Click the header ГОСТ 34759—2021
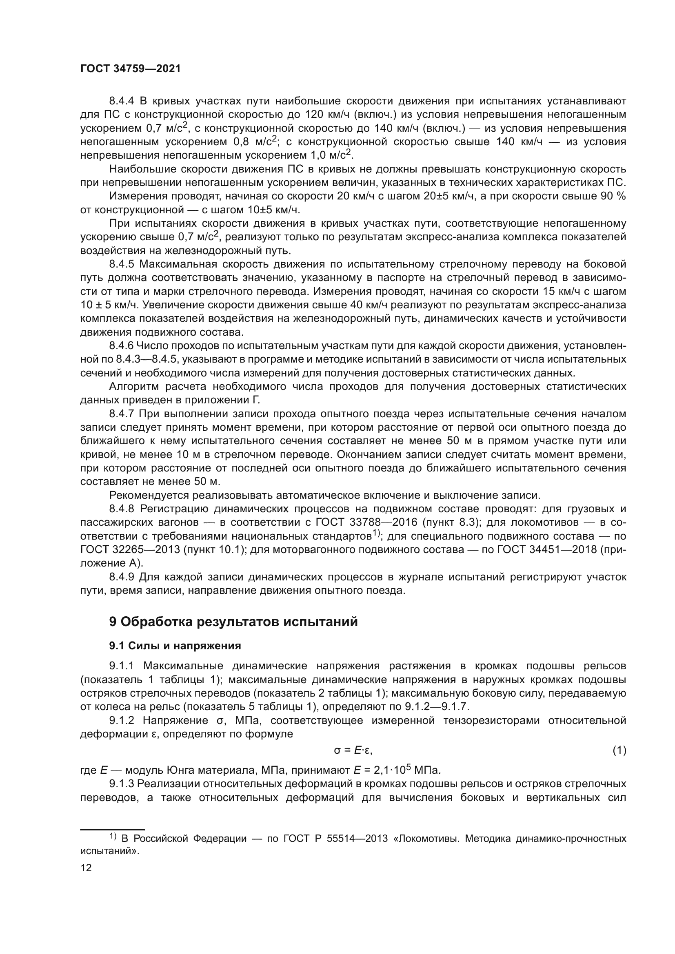[131, 69]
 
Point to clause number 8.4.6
[121, 346]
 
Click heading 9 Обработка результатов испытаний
[233, 622]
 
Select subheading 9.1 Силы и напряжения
[175, 646]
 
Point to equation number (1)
[619, 750]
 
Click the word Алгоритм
[133, 386]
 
